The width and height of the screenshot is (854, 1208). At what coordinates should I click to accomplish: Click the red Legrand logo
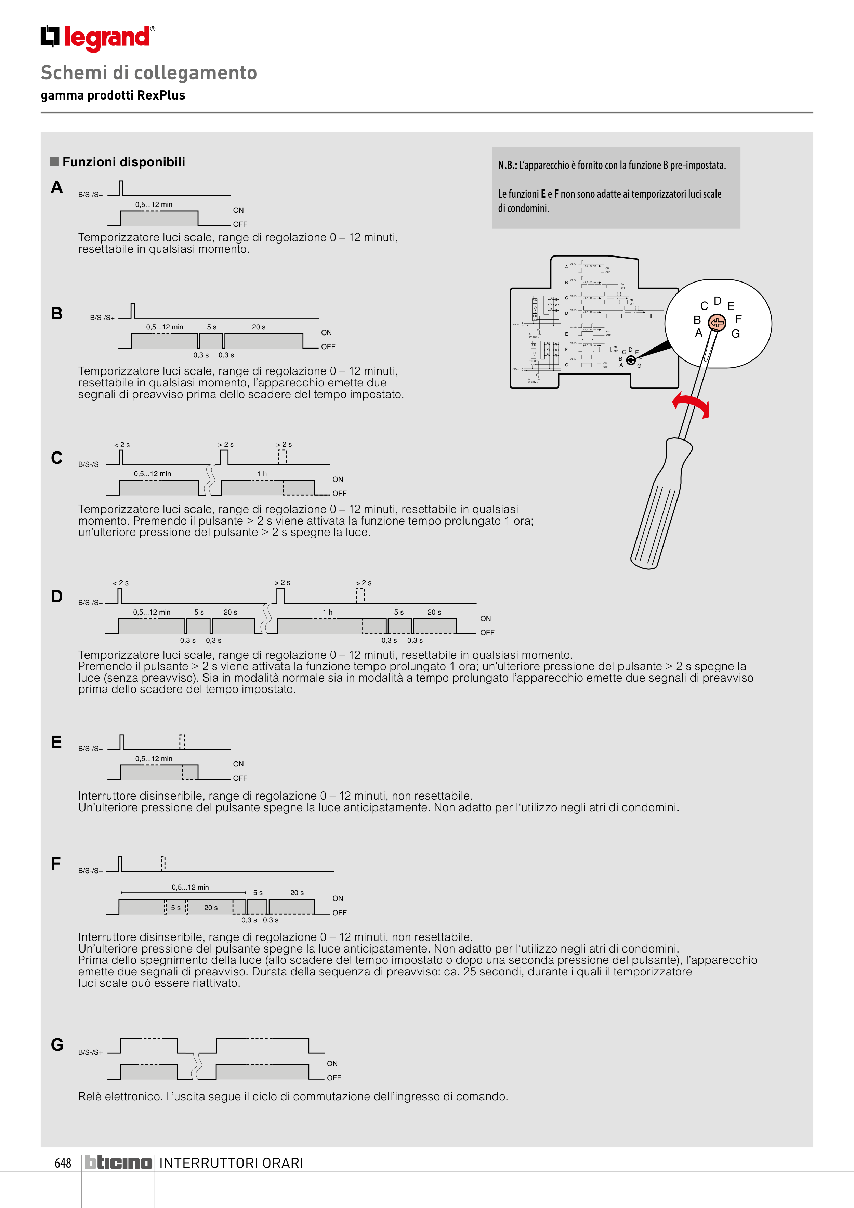[98, 38]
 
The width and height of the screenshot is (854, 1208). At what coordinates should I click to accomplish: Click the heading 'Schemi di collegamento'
[149, 73]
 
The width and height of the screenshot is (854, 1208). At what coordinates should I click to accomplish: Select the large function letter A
[57, 187]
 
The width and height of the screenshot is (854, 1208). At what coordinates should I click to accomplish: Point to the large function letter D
[57, 596]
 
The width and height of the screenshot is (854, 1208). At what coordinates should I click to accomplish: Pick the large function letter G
[57, 1045]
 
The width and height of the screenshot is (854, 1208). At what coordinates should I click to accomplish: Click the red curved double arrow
[691, 404]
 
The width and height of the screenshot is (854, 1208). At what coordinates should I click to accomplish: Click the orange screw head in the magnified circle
[717, 323]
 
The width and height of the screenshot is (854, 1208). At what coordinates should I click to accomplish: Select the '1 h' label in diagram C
[262, 474]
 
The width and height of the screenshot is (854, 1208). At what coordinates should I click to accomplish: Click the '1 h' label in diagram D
[328, 613]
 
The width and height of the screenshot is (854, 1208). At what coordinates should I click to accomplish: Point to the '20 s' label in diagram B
[258, 327]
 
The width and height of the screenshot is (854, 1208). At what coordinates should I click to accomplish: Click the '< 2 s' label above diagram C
[122, 445]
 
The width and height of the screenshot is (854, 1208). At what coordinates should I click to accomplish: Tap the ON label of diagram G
[332, 1063]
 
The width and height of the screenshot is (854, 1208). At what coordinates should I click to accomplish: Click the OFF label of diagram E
[240, 778]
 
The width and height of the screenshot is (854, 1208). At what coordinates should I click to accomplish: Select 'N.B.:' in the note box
[507, 165]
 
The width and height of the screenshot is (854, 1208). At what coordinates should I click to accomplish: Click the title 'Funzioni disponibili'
[124, 162]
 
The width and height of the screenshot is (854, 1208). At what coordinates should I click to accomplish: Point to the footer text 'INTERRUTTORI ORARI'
[232, 1163]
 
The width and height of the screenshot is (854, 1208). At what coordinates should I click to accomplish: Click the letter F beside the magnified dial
[738, 319]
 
